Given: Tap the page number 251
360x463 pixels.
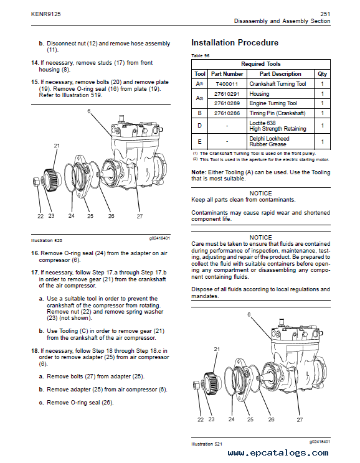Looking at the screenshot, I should click(324, 13).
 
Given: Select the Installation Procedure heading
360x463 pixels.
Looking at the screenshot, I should click(235, 43).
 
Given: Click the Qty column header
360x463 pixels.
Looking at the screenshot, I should click(322, 74).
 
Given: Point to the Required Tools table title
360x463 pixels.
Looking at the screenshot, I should click(260, 64).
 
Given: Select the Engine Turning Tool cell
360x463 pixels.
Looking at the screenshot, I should click(273, 104).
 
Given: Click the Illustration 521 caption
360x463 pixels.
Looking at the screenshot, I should click(206, 444).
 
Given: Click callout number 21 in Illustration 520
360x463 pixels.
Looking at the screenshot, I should click(57, 146).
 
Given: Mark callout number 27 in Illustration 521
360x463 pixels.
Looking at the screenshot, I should click(300, 420).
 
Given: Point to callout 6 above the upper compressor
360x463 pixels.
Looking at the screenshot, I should click(89, 111).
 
